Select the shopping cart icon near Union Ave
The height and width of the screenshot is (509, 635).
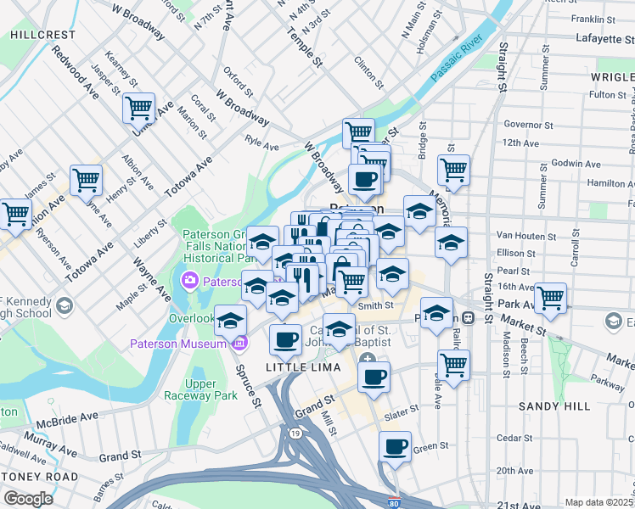click(138, 108)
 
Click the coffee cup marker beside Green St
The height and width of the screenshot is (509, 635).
click(394, 446)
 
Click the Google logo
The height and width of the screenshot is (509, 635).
click(28, 499)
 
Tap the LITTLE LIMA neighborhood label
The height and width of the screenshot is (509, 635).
click(303, 366)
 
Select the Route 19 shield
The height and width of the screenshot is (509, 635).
click(295, 433)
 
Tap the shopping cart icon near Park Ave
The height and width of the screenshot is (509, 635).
click(550, 298)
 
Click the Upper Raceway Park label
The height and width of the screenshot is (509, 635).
click(200, 389)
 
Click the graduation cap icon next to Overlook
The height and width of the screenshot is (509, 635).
click(230, 321)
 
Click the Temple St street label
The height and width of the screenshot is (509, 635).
click(306, 48)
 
